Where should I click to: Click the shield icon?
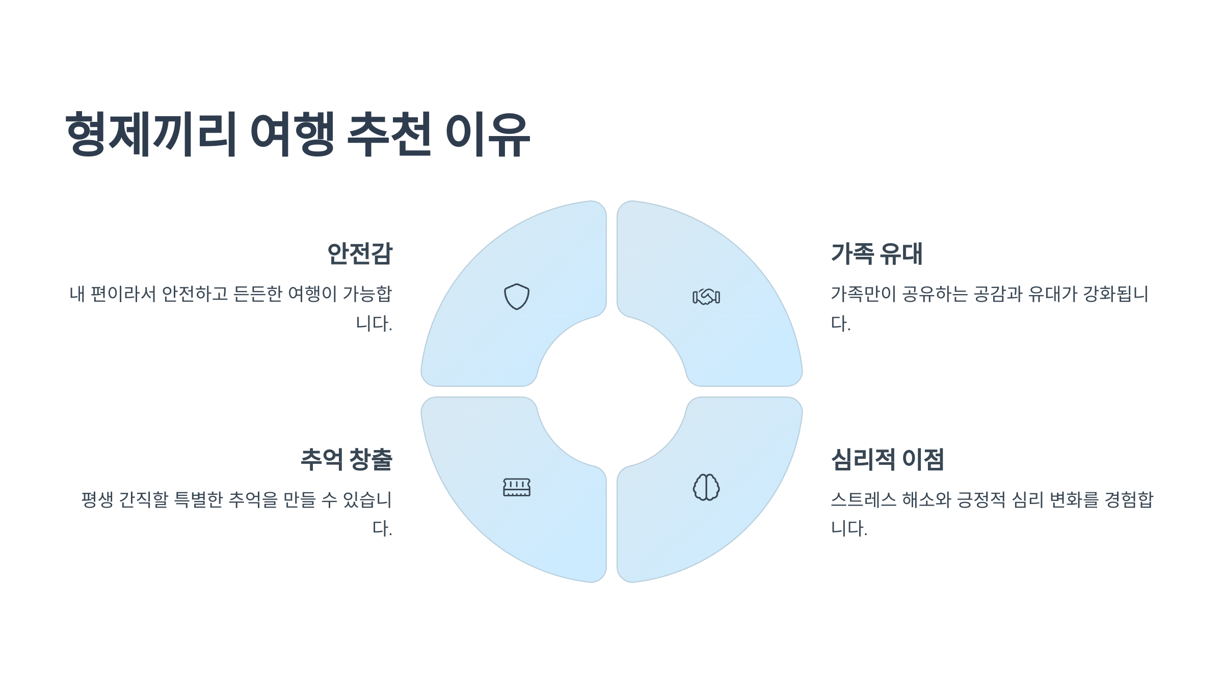click(517, 297)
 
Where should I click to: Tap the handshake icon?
click(706, 297)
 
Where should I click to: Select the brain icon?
click(706, 487)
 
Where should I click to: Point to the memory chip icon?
click(517, 487)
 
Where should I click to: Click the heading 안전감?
click(360, 254)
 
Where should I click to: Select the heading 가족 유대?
click(876, 254)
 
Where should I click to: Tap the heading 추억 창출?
click(347, 460)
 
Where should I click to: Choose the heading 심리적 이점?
click(887, 460)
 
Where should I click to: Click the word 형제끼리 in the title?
click(151, 134)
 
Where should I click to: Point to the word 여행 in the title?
click(293, 134)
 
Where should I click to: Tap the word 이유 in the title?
click(488, 134)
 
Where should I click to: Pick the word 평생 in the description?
click(97, 499)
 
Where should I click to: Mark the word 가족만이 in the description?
click(863, 294)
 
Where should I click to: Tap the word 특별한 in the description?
click(199, 499)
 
